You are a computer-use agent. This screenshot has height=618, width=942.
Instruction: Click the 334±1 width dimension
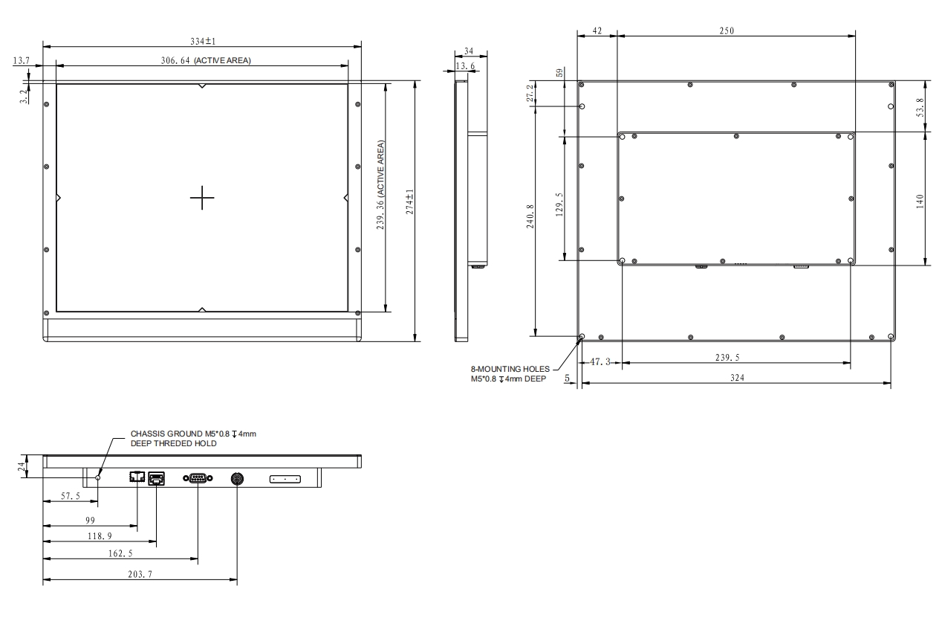[203, 41]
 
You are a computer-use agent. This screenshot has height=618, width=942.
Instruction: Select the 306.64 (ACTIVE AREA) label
[206, 61]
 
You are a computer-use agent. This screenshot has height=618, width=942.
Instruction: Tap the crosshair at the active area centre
[202, 197]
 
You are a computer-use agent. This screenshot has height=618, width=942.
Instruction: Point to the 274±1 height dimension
[409, 202]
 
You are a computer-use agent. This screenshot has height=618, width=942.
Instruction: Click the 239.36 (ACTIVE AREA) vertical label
[380, 185]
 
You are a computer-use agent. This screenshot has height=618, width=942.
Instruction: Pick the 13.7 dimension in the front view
[21, 61]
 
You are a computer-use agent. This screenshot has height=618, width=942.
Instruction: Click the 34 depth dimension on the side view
[469, 51]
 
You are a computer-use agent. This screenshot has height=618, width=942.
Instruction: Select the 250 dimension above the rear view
[727, 30]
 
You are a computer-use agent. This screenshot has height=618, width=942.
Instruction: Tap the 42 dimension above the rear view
[597, 30]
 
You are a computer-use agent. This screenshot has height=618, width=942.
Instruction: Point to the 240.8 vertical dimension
[530, 216]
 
